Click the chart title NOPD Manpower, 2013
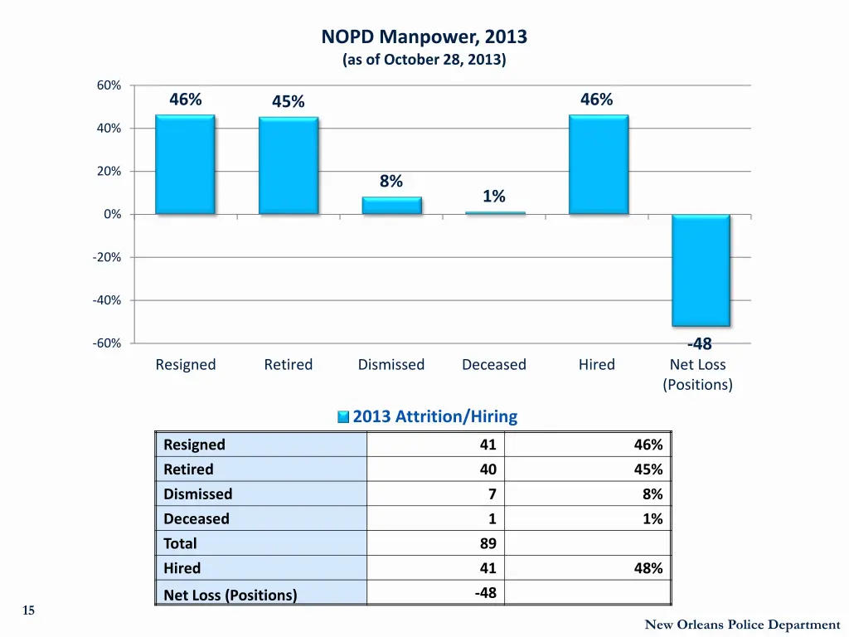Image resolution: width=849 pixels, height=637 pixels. [424, 37]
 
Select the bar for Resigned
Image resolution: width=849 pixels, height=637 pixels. [185, 164]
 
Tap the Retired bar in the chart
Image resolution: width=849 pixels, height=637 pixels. [289, 165]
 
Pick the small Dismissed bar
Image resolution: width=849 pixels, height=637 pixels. [391, 205]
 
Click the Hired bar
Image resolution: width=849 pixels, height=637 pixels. [598, 164]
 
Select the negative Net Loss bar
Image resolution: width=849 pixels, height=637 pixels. [701, 270]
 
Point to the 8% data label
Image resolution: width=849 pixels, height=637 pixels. [391, 181]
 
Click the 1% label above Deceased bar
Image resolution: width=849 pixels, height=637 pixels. [494, 196]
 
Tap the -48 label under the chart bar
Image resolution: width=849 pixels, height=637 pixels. [699, 344]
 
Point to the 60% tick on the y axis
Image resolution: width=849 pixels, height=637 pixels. [109, 85]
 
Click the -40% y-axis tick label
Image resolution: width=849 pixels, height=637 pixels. [107, 300]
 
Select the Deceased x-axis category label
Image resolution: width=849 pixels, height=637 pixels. [494, 365]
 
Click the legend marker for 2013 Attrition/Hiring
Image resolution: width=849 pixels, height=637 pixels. [343, 417]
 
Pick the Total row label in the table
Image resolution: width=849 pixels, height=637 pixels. [180, 543]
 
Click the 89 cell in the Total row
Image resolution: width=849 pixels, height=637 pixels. [488, 543]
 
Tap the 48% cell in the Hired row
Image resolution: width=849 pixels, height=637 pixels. [648, 568]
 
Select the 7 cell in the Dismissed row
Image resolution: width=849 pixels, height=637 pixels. [491, 494]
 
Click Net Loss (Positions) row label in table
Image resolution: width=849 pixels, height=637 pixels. [230, 595]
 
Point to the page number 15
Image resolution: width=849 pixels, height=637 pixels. [28, 610]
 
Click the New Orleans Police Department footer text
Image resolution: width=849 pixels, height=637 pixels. [742, 625]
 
